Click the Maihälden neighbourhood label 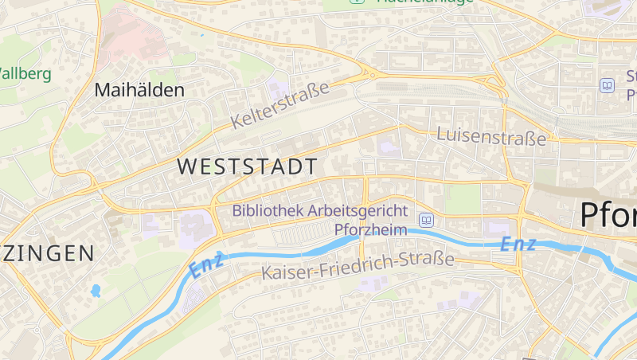pyautogui.click(x=139, y=90)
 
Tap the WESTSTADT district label pyautogui.click(x=248, y=166)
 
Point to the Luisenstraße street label pyautogui.click(x=492, y=136)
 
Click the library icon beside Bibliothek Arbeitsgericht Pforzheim pyautogui.click(x=426, y=220)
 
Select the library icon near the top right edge pyautogui.click(x=608, y=84)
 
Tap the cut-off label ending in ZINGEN pyautogui.click(x=48, y=254)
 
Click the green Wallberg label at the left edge pyautogui.click(x=25, y=74)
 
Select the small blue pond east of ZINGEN pyautogui.click(x=96, y=291)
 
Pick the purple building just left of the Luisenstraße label pyautogui.click(x=387, y=147)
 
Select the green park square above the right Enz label pyautogui.click(x=462, y=200)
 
